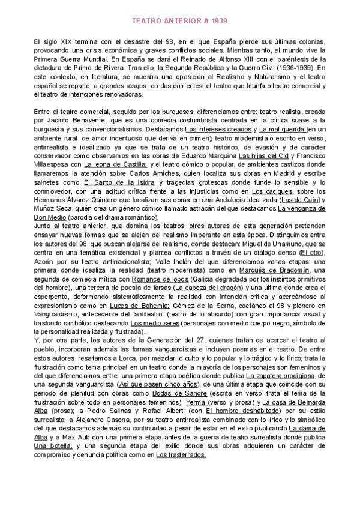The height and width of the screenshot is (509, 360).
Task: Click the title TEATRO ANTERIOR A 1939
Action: click(179, 21)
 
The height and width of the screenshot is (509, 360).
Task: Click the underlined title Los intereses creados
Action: click(218, 129)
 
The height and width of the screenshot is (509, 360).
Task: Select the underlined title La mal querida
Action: click(281, 129)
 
